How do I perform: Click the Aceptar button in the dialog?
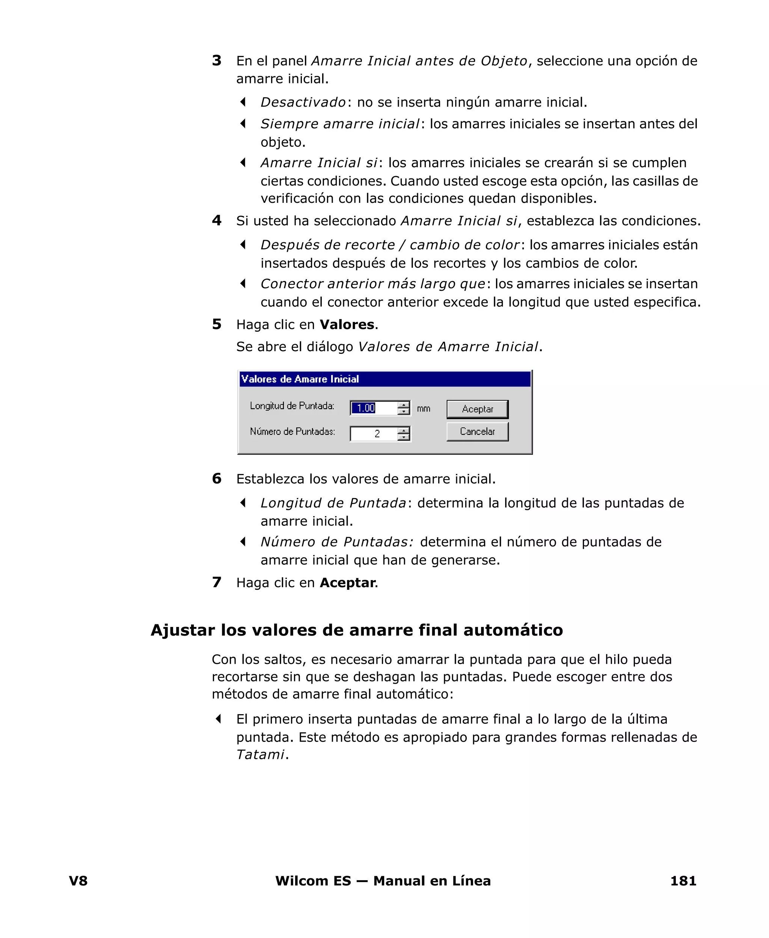(477, 409)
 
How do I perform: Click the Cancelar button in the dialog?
(477, 431)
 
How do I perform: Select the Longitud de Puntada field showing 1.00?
(373, 408)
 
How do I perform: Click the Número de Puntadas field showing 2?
(373, 434)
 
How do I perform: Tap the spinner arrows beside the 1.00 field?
(403, 408)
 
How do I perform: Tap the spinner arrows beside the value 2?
(403, 434)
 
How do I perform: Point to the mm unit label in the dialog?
(424, 408)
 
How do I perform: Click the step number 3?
(217, 61)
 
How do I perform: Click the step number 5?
(217, 324)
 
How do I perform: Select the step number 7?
(217, 582)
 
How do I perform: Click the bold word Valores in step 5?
(347, 325)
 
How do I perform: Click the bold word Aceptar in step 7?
(347, 583)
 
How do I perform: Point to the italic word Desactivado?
(303, 102)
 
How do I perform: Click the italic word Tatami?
(260, 755)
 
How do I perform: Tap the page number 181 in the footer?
(683, 881)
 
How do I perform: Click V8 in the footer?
(78, 881)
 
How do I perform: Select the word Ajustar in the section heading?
(182, 630)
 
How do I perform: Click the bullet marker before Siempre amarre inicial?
(243, 124)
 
